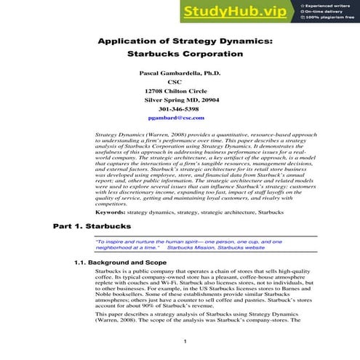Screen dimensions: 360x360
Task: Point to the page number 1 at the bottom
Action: click(185, 342)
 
